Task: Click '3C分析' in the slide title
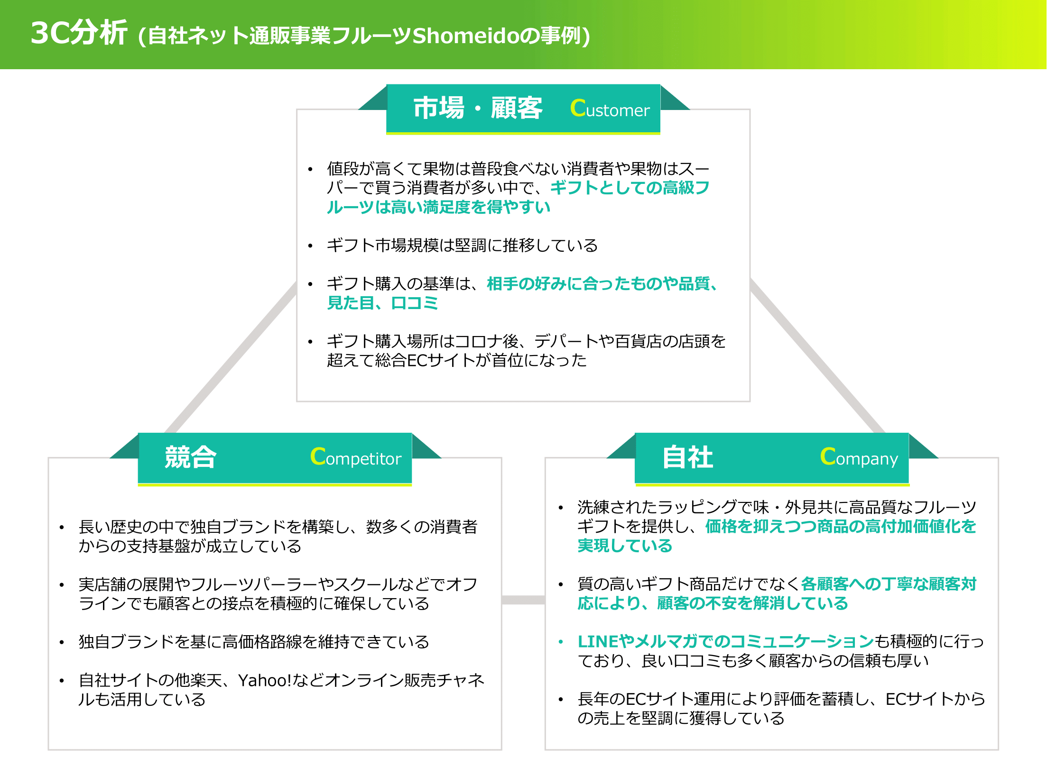[79, 33]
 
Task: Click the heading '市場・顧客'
[478, 108]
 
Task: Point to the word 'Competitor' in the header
[356, 457]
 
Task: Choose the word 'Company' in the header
[859, 457]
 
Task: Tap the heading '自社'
[688, 457]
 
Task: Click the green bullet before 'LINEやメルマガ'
[561, 642]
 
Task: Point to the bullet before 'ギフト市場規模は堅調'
[310, 246]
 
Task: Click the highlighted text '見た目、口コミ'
[382, 303]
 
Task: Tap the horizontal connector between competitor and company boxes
[523, 600]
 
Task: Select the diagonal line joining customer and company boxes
[816, 356]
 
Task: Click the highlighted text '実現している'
[625, 546]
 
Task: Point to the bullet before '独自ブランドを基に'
[62, 643]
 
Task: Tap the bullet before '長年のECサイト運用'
[561, 700]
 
